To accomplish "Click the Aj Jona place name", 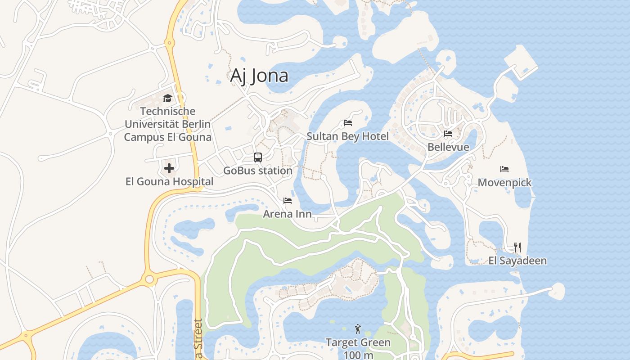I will click(259, 76).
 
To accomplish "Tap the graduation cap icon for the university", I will click(168, 98).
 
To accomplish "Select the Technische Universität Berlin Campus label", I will click(167, 124).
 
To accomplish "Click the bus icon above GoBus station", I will click(258, 157).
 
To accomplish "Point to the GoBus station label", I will click(258, 171).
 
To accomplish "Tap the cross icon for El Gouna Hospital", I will click(169, 168).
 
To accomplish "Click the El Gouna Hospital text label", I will click(169, 182).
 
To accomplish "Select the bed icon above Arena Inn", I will click(288, 200).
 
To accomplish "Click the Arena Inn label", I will click(287, 214).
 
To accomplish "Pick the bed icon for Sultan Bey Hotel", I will click(348, 122).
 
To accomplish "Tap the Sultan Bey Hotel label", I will click(347, 136).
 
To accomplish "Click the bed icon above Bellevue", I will click(448, 134).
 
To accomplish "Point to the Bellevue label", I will click(448, 147).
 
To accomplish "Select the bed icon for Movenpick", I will click(504, 169).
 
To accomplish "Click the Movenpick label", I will click(504, 183).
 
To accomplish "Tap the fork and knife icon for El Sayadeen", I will click(517, 247).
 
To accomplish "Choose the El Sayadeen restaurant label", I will click(517, 261).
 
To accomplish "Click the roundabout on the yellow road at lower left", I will click(149, 279).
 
